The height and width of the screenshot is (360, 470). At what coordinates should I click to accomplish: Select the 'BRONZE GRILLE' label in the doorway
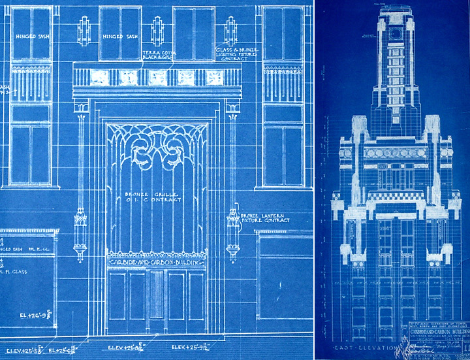pyautogui.click(x=158, y=198)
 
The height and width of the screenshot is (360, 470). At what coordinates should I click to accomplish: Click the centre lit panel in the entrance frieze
pyautogui.click(x=157, y=77)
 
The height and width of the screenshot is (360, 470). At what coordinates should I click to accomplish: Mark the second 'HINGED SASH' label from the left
pyautogui.click(x=120, y=37)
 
